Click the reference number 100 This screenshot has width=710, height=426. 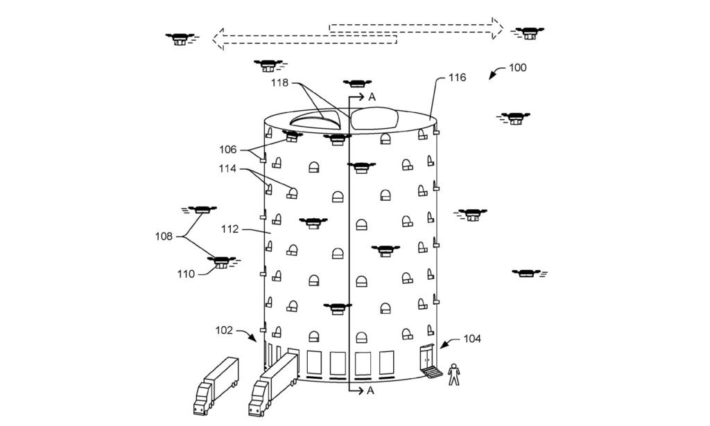(517, 68)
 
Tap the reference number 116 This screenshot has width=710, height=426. (457, 78)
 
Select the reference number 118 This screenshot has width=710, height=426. (280, 83)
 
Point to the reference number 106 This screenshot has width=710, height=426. (227, 150)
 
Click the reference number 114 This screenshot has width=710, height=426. (227, 169)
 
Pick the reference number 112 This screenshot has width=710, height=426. (230, 230)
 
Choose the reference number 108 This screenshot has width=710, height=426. (164, 236)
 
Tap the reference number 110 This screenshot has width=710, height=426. (186, 274)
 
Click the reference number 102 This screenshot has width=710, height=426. (224, 330)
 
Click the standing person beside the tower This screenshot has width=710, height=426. (453, 374)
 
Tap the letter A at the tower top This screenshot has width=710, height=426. (372, 97)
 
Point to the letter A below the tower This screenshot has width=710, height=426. (370, 391)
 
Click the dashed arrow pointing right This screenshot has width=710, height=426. (416, 28)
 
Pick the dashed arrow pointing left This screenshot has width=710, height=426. (305, 39)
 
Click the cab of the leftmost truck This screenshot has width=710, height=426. (201, 399)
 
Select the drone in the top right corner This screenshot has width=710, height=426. (528, 33)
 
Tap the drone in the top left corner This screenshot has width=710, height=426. (180, 39)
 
